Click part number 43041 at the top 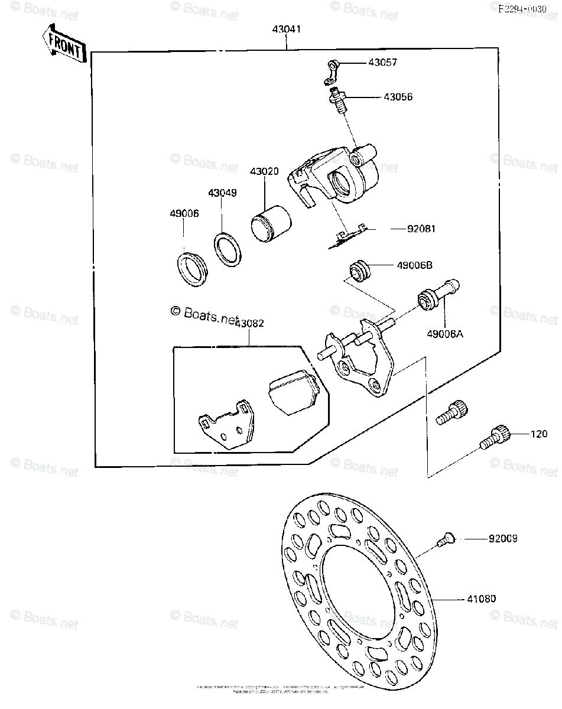(287, 29)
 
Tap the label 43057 (382, 63)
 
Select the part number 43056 (398, 97)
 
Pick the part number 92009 (503, 539)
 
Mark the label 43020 (264, 171)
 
